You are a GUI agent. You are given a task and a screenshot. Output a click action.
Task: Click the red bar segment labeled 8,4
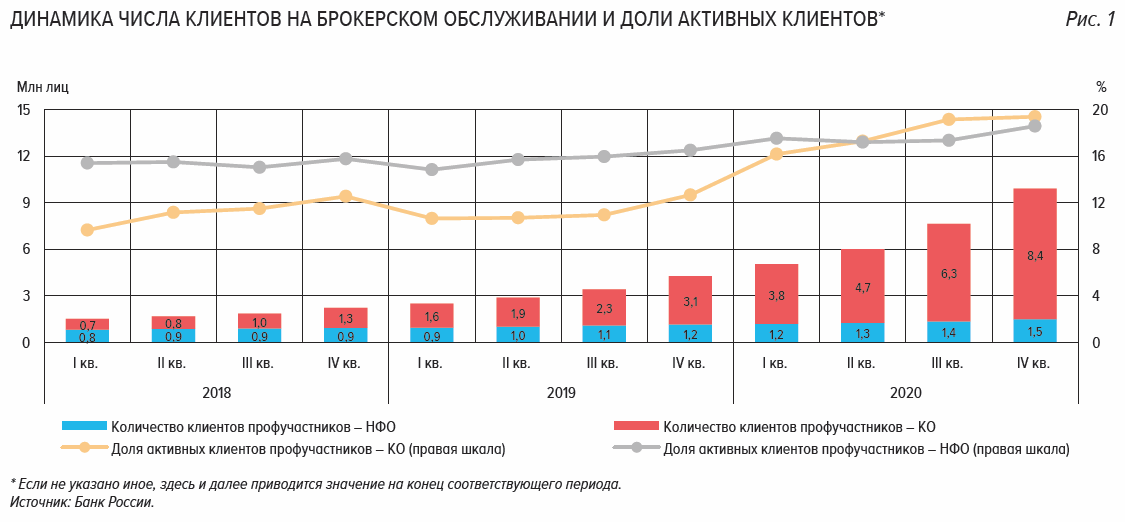point(1034,254)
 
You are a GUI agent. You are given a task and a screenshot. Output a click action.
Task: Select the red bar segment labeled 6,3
point(948,272)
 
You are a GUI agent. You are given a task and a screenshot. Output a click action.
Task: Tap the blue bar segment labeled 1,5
point(1034,331)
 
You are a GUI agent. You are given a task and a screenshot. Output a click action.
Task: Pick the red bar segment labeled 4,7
point(862,286)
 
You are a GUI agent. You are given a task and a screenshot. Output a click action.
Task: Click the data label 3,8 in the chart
point(776,295)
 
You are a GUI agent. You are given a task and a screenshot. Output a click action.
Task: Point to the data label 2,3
point(604,309)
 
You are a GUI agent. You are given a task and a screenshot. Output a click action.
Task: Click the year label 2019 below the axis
point(561,393)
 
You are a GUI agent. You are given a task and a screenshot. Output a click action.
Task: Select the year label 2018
point(216,393)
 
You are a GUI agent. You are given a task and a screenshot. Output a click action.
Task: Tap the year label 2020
point(905,393)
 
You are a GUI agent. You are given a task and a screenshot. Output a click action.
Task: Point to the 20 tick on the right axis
point(1099,110)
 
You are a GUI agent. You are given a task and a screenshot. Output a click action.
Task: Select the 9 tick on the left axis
point(27,203)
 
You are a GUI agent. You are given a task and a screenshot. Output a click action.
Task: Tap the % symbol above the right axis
point(1101,87)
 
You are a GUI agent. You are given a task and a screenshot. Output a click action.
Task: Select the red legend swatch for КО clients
point(635,425)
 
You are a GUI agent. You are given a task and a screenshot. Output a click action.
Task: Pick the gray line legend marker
point(635,447)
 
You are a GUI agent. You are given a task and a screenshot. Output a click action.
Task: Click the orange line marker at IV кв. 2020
point(1034,117)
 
